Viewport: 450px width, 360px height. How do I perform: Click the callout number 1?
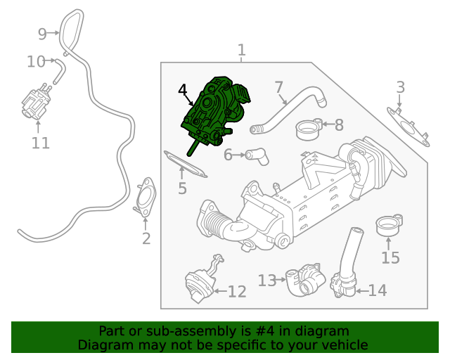pyautogui.click(x=241, y=51)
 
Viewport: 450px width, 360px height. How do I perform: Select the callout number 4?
pyautogui.click(x=183, y=91)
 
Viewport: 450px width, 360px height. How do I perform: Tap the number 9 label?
pyautogui.click(x=42, y=33)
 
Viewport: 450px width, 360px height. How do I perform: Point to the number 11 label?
pyautogui.click(x=41, y=143)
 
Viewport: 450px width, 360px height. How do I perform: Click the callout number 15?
pyautogui.click(x=390, y=257)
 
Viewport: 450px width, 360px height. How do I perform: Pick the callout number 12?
pyautogui.click(x=237, y=291)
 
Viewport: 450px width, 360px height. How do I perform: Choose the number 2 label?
pyautogui.click(x=146, y=239)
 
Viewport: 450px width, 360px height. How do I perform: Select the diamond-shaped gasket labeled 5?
pyautogui.click(x=185, y=164)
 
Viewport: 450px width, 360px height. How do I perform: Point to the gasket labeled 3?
pyautogui.click(x=409, y=125)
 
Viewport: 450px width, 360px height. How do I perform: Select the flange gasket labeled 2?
pyautogui.click(x=146, y=198)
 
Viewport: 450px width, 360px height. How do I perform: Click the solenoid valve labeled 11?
pyautogui.click(x=34, y=104)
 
